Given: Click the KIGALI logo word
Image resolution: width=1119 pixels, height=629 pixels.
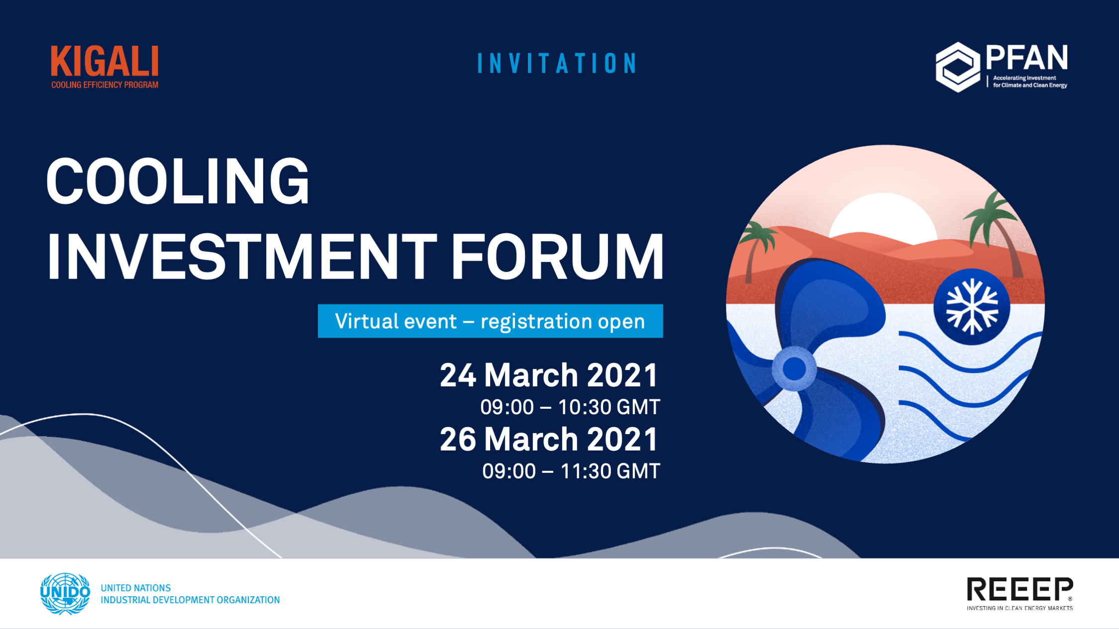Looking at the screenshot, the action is [104, 62].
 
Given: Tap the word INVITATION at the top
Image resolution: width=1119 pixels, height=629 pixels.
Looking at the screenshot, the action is [557, 64].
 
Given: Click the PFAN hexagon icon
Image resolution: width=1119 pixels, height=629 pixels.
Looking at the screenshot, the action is [958, 67].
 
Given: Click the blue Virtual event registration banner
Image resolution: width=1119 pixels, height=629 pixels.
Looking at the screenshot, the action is [490, 321].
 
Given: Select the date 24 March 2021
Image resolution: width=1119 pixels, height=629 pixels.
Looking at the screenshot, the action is [549, 375].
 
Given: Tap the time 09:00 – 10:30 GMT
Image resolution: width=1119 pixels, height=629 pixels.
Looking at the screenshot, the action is [570, 407].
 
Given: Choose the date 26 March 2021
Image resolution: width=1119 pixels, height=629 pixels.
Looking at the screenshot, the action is [549, 439].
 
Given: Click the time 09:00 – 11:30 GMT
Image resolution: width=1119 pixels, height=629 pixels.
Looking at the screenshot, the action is [571, 471].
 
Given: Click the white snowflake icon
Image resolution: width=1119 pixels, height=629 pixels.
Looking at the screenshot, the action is [972, 306].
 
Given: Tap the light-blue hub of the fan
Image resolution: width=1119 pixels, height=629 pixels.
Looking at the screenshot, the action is [794, 369].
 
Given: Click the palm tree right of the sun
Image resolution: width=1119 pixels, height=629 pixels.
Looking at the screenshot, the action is [993, 234].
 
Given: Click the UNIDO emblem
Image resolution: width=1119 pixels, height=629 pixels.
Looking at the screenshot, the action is [65, 593].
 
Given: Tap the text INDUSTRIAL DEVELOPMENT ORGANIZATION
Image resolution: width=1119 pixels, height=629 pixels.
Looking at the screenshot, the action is [190, 600].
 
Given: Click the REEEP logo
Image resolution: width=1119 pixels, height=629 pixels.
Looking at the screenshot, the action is [1019, 594].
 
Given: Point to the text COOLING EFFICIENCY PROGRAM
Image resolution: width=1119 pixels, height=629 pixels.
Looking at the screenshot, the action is [104, 85].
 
